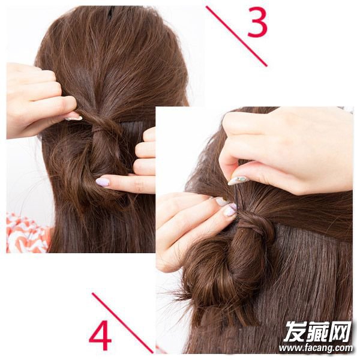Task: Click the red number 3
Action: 257,22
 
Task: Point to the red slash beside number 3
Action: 236,36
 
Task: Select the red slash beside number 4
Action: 122,323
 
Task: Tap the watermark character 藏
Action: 318,332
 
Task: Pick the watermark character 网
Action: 340,332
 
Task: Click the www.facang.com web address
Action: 316,348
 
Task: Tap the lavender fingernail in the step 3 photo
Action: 103,182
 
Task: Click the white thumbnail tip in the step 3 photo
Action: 74,118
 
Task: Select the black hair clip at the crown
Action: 111,13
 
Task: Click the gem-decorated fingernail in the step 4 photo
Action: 238,180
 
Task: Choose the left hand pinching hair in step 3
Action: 39,101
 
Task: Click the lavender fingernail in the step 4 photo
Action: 230,211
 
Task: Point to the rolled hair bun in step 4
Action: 220,271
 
